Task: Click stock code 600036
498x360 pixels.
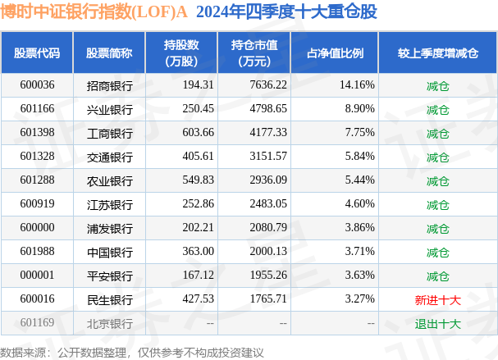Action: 37,85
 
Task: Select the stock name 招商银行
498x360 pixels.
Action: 109,85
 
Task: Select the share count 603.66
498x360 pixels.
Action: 197,133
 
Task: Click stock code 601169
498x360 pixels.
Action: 37,324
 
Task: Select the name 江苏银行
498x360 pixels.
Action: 109,204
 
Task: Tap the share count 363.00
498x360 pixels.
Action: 197,253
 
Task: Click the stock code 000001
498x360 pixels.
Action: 37,276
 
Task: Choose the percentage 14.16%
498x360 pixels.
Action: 357,85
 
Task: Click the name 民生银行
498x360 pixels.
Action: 109,300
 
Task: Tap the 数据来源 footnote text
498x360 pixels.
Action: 132,352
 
